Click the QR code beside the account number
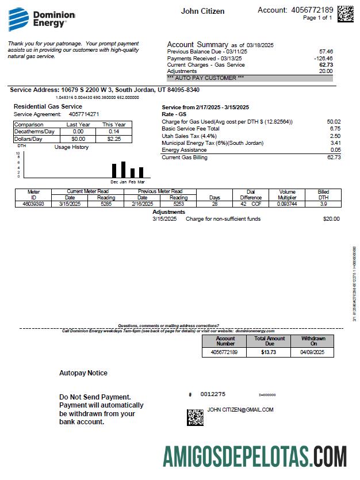click(345, 13)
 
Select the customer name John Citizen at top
click(202, 11)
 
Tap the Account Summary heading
click(197, 44)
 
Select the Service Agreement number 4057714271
click(79, 114)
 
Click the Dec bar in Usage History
click(114, 171)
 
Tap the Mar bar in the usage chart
click(141, 172)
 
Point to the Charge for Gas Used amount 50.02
click(333, 121)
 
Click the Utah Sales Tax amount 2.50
click(335, 136)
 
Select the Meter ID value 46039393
click(33, 203)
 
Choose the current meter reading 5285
click(105, 203)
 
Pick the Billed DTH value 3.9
click(323, 203)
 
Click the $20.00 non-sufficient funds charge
click(331, 219)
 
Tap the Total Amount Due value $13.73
click(269, 352)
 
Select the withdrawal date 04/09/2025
click(312, 352)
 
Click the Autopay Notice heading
click(83, 373)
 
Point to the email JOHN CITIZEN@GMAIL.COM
click(240, 410)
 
